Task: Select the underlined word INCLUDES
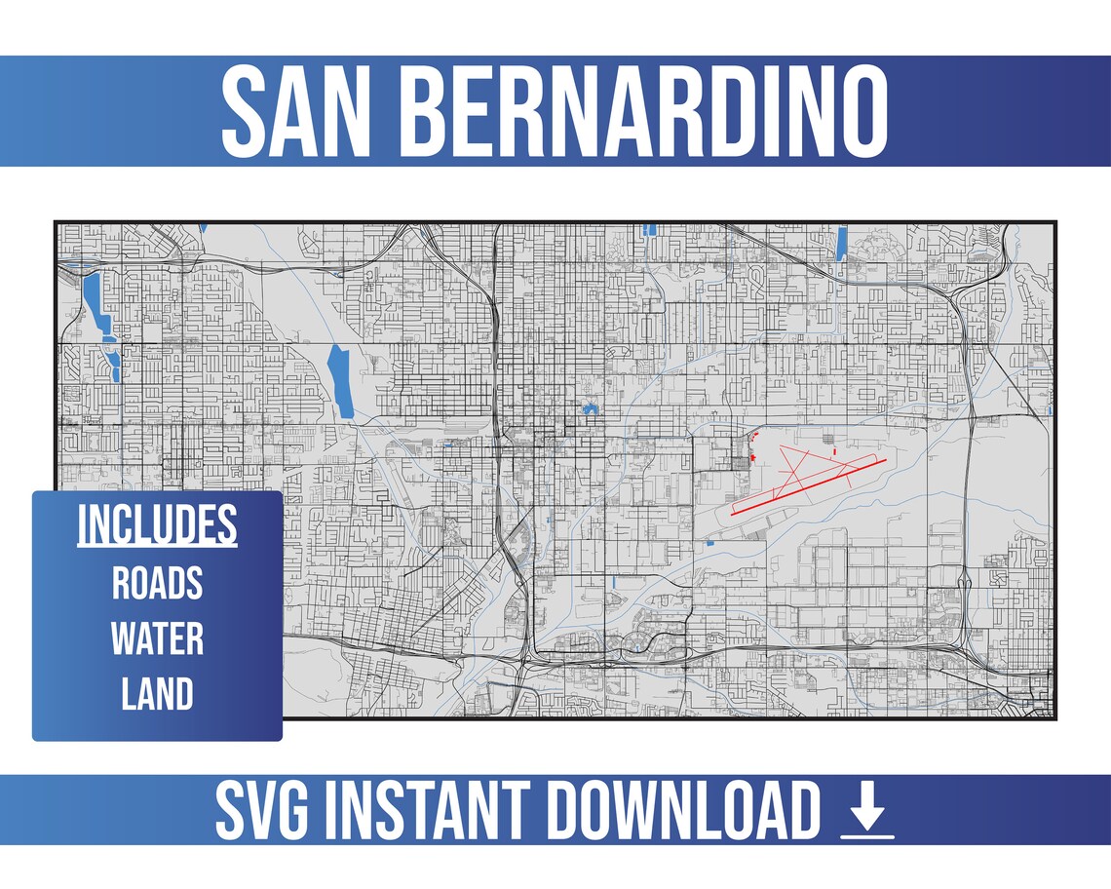click(x=157, y=525)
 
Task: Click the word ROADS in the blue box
click(x=157, y=583)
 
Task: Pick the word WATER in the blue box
click(x=157, y=639)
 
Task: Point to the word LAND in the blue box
click(x=157, y=695)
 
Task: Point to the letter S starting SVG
click(x=233, y=811)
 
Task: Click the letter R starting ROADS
click(x=121, y=583)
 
